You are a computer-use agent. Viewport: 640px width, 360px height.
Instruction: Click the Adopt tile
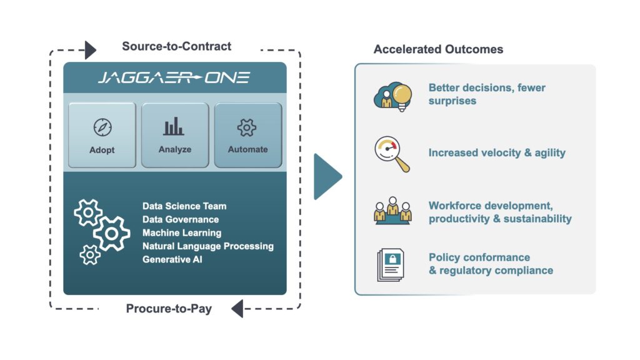102,135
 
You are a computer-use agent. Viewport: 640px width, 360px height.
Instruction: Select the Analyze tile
175,135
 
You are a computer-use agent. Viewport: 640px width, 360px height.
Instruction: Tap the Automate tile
248,135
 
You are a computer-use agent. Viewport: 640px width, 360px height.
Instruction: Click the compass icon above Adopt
102,127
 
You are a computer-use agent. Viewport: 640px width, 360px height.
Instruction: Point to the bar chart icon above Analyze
174,126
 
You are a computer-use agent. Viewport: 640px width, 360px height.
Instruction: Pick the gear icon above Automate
247,127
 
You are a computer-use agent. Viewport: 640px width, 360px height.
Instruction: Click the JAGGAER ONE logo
174,77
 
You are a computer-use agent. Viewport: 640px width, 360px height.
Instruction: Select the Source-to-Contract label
176,46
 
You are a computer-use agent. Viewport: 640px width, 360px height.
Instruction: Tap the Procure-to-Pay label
169,309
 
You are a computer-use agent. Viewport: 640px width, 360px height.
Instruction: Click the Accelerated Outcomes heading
438,49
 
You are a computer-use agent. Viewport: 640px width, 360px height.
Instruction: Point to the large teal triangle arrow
327,177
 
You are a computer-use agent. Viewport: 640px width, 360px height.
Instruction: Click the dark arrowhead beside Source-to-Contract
91,50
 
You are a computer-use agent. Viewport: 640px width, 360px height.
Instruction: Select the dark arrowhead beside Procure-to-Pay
237,309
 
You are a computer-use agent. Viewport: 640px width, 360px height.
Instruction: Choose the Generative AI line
172,259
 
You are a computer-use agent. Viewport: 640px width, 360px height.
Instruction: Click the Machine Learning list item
182,233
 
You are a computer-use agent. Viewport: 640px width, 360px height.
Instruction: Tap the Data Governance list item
181,219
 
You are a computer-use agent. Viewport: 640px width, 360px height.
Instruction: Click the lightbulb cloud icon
392,96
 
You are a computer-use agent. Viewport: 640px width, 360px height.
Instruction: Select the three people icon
392,211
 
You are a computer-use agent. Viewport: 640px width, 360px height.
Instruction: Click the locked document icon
391,265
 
